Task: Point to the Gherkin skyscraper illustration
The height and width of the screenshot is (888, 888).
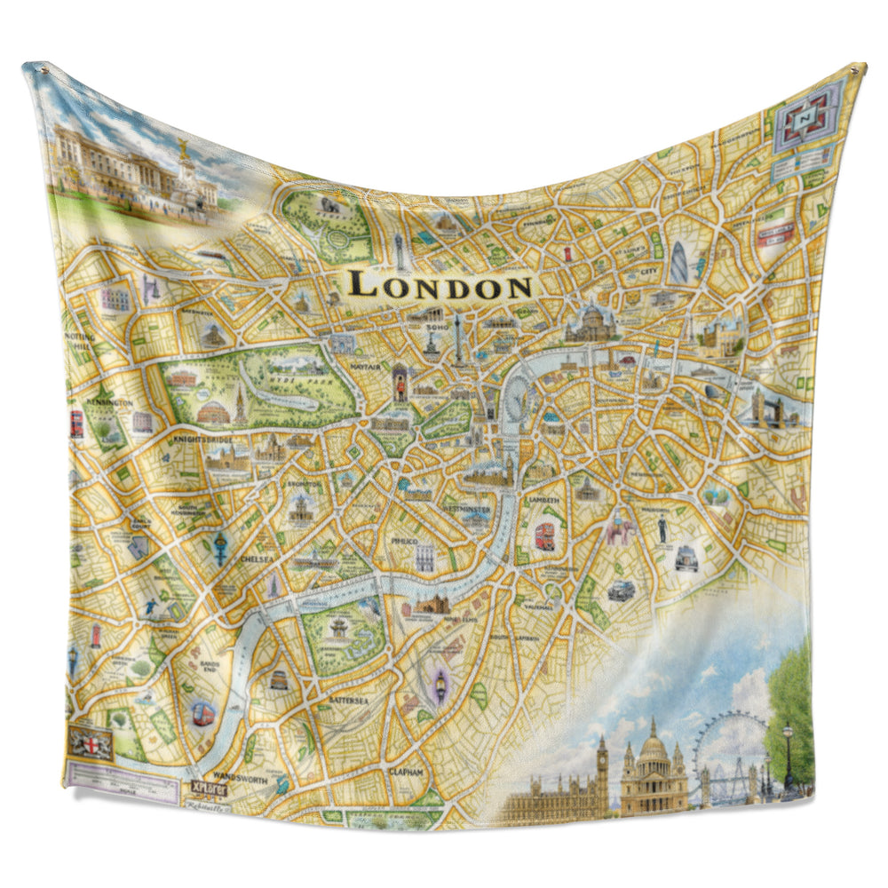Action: (679, 263)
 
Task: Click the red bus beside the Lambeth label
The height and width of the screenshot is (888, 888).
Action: (543, 536)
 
